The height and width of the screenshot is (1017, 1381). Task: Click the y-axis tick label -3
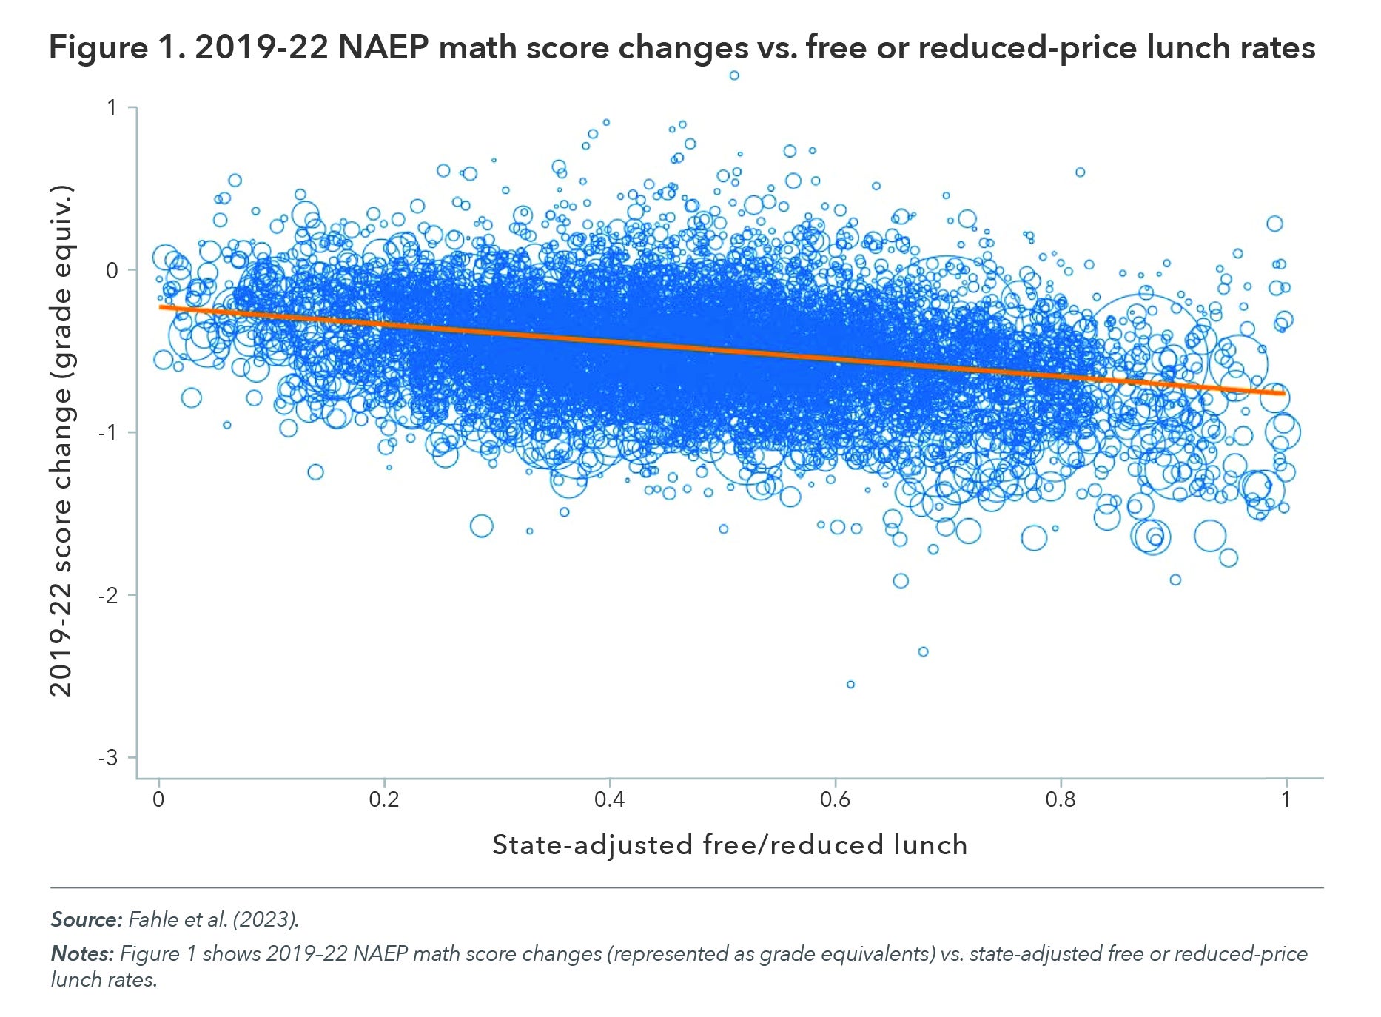point(108,757)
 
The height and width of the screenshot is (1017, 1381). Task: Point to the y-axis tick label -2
point(108,595)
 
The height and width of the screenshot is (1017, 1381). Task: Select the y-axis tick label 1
point(112,108)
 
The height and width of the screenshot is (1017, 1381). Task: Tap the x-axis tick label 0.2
point(383,799)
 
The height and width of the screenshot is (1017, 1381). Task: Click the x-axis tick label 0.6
point(835,799)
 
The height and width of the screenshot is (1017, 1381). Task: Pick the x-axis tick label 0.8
point(1061,799)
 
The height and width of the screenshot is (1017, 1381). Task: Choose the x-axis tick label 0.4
point(609,799)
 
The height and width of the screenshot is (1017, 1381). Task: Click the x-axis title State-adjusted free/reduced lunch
point(730,845)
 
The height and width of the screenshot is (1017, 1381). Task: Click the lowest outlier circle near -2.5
point(850,685)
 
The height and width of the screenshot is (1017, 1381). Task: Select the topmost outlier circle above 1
point(734,75)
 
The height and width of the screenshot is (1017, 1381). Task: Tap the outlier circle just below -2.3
point(923,652)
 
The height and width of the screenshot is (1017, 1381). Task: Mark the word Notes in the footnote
point(81,953)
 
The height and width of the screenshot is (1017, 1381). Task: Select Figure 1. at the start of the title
point(116,48)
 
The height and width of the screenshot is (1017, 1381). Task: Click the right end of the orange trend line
point(1283,393)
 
